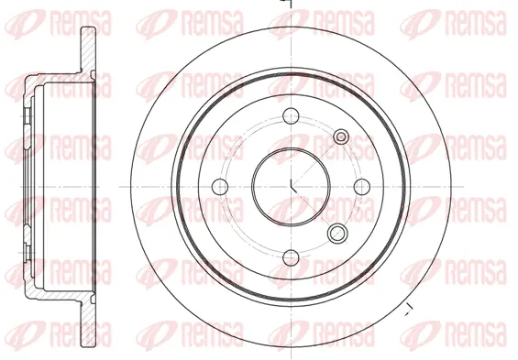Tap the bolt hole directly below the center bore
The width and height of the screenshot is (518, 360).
pyautogui.click(x=290, y=257)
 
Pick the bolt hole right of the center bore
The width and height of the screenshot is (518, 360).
pyautogui.click(x=361, y=186)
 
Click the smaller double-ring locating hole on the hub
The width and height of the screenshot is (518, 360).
pyautogui.click(x=341, y=137)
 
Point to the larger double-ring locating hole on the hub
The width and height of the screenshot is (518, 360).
pyautogui.click(x=337, y=232)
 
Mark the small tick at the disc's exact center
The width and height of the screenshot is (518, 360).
pyautogui.click(x=292, y=188)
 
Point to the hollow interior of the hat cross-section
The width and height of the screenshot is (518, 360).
pyautogui.click(x=60, y=186)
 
